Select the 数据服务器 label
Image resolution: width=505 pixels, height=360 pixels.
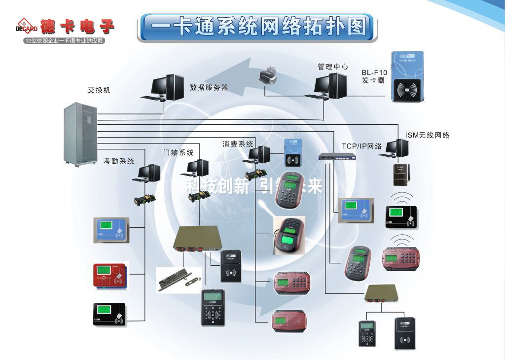(x=209, y=87)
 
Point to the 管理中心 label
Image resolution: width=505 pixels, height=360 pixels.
(x=332, y=67)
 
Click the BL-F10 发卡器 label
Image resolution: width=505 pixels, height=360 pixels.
(x=374, y=76)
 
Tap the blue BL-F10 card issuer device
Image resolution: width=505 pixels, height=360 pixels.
(x=407, y=76)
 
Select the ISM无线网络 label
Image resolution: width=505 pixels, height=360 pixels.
(x=427, y=135)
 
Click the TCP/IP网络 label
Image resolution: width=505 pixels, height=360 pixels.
(x=362, y=146)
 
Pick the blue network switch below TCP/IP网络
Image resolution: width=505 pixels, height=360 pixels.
(x=337, y=157)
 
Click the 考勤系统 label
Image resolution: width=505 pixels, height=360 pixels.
(x=119, y=161)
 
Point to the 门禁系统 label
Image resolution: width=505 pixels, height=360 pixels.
(x=179, y=152)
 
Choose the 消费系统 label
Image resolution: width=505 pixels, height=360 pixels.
(x=238, y=144)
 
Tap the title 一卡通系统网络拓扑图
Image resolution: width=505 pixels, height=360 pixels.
(x=257, y=27)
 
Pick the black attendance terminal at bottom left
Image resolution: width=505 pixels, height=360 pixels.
(x=110, y=314)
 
